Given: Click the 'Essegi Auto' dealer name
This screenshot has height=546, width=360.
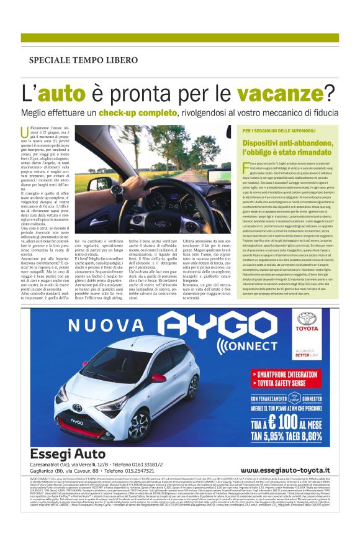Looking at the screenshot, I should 70,468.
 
